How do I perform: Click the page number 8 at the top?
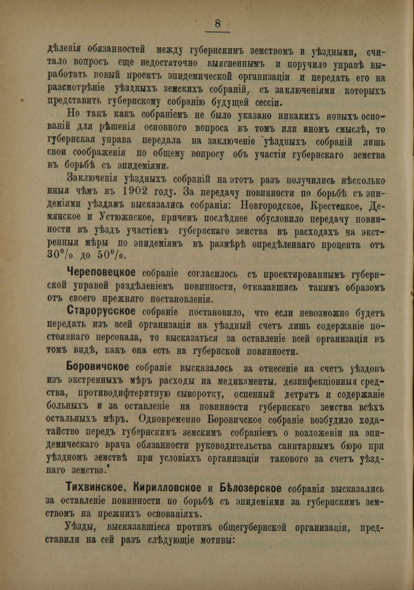tap(218, 23)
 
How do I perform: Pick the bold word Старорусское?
tap(101, 311)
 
